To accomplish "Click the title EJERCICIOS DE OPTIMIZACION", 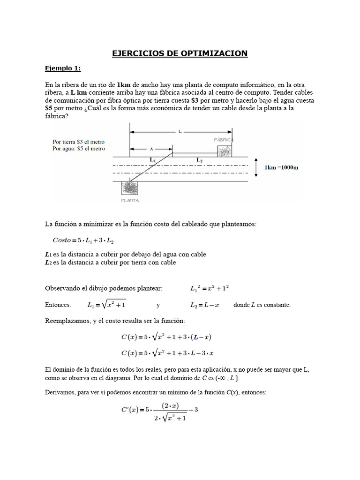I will click(x=180, y=53).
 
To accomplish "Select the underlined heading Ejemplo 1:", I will click(x=62, y=68).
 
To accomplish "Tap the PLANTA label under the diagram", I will click(x=130, y=200).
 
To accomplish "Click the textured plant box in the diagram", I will click(x=130, y=188).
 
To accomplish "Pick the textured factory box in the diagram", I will click(x=225, y=151).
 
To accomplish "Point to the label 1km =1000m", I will click(x=281, y=167).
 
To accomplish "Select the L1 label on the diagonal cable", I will click(x=153, y=160).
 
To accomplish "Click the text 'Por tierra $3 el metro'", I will click(x=79, y=142).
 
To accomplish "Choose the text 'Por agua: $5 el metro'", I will click(x=79, y=149).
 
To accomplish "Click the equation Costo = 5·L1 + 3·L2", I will click(x=83, y=240).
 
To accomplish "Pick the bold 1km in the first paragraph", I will click(x=124, y=85).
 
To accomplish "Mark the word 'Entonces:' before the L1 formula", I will click(x=58, y=305).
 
